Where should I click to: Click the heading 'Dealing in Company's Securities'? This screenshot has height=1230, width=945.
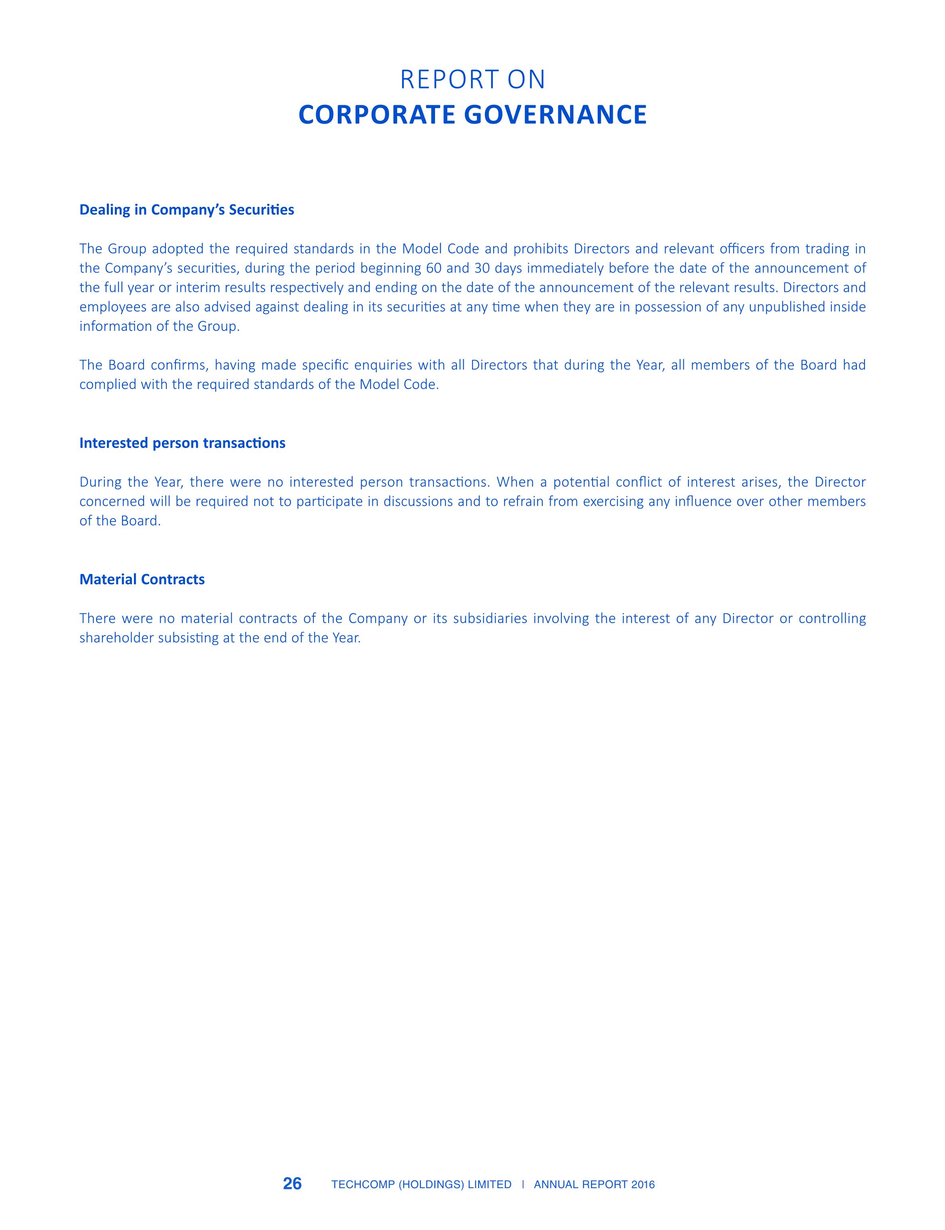pyautogui.click(x=187, y=210)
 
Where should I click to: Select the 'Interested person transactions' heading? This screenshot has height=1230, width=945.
pyautogui.click(x=182, y=443)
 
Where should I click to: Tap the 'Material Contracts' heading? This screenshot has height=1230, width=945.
pyautogui.click(x=142, y=579)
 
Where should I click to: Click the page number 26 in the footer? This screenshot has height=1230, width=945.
pyautogui.click(x=293, y=1184)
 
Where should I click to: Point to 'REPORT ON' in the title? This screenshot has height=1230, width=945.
pyautogui.click(x=472, y=80)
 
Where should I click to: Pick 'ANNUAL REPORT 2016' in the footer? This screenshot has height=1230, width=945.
pyautogui.click(x=594, y=1185)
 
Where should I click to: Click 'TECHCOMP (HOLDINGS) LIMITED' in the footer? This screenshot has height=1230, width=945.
pyautogui.click(x=421, y=1185)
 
